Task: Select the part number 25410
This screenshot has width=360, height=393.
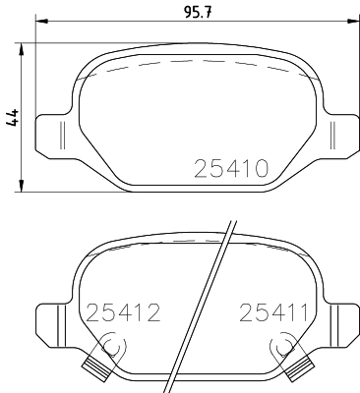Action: click(227, 168)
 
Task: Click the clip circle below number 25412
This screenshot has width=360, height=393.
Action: click(111, 345)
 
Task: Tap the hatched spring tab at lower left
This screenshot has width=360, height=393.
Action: click(96, 370)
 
